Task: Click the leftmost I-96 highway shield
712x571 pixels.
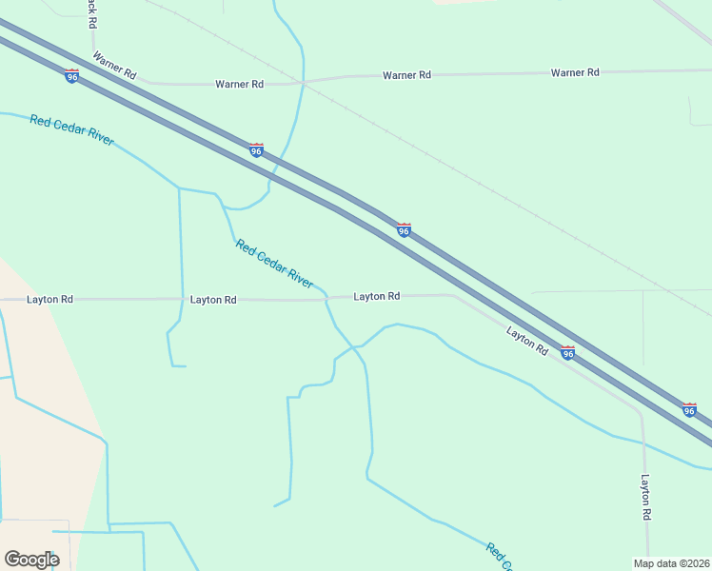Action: point(72,76)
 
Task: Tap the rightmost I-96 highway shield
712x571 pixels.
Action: point(689,409)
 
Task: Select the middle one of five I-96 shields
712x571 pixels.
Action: point(404,230)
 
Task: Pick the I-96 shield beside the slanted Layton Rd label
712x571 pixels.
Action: point(567,353)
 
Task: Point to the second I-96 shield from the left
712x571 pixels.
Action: point(255,150)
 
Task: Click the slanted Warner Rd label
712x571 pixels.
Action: point(114,65)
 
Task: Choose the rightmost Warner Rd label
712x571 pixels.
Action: point(575,72)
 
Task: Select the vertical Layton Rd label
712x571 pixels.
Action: point(645,497)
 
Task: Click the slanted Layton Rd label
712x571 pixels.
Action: point(527,341)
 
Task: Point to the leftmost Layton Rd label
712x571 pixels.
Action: point(50,299)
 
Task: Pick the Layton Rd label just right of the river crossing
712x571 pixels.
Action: point(376,296)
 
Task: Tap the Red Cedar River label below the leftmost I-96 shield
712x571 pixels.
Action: point(71,130)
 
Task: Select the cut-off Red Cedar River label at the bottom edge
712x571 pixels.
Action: point(499,558)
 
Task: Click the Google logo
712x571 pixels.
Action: point(31,560)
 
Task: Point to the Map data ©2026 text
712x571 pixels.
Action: point(671,562)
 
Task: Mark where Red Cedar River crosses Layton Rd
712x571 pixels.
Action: point(326,299)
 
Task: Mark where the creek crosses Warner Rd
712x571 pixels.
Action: point(303,83)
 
